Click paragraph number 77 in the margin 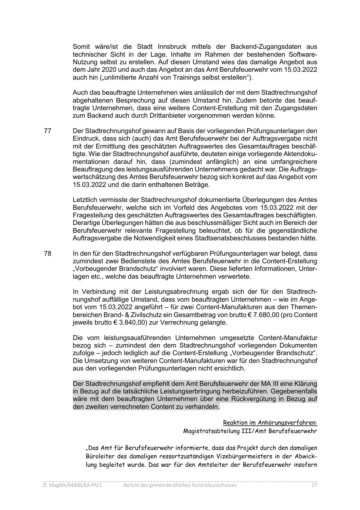[48, 131]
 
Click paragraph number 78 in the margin [48, 253]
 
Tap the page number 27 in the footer [314, 485]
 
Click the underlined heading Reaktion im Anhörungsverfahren [270, 423]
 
